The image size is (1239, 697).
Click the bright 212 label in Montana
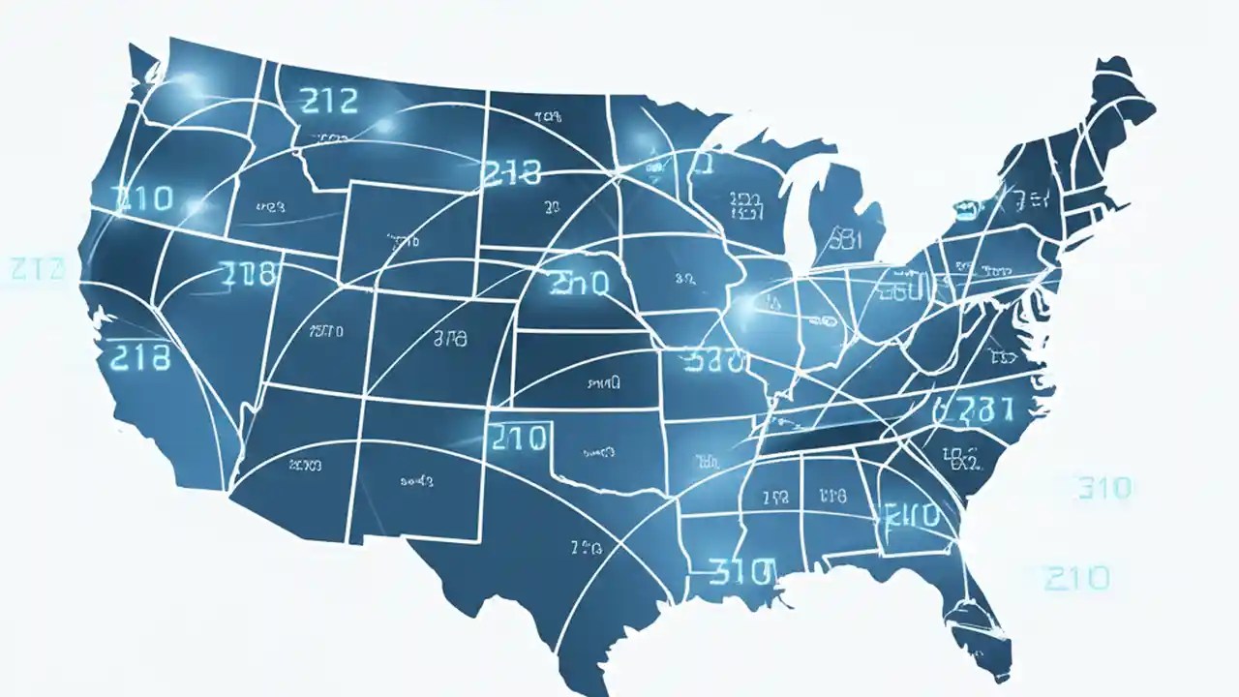tap(329, 100)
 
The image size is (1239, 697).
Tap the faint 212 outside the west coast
tap(37, 268)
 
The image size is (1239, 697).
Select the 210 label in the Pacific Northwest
tap(143, 199)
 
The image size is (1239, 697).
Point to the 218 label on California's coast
tap(141, 357)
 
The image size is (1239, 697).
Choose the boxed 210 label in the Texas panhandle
tap(519, 438)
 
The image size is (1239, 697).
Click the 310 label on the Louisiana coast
tap(742, 572)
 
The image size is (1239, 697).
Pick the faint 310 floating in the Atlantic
tap(1103, 487)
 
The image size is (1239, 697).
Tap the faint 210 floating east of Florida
tap(1076, 578)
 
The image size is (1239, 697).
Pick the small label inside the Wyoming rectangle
tap(395, 237)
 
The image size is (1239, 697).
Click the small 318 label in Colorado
tap(445, 339)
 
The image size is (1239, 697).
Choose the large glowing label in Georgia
tap(910, 514)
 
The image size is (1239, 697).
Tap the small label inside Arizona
tap(305, 466)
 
